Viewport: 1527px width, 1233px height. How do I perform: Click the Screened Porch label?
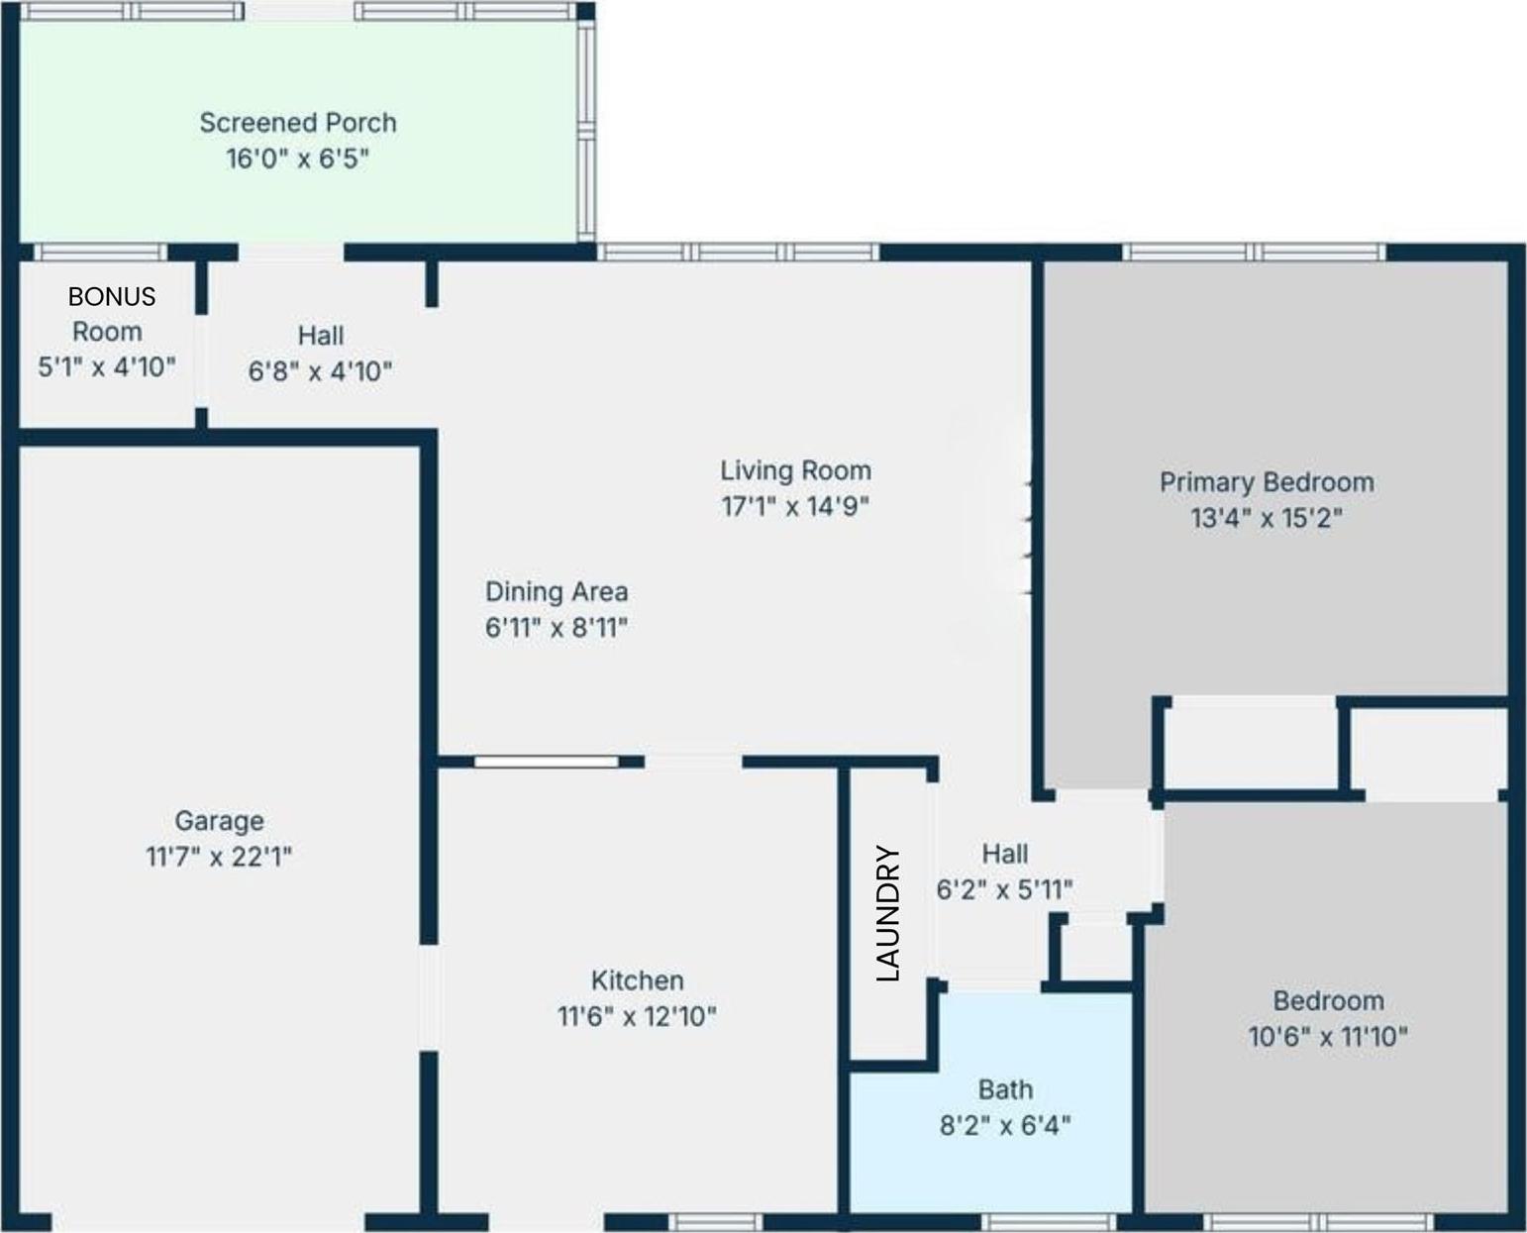pyautogui.click(x=298, y=123)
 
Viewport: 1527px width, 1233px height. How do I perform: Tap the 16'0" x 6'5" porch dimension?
pyautogui.click(x=298, y=158)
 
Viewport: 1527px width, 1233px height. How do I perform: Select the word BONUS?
pyautogui.click(x=111, y=296)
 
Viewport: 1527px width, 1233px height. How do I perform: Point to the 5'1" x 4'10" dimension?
pyautogui.click(x=107, y=367)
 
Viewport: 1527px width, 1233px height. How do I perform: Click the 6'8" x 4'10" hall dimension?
pyautogui.click(x=320, y=371)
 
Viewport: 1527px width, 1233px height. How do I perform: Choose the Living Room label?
pyautogui.click(x=795, y=470)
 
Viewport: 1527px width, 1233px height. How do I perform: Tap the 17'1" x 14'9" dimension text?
pyautogui.click(x=795, y=506)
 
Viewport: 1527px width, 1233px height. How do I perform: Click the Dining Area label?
pyautogui.click(x=557, y=591)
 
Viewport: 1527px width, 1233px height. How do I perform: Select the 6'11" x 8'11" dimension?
pyautogui.click(x=557, y=628)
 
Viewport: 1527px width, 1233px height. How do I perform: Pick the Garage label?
pyautogui.click(x=219, y=821)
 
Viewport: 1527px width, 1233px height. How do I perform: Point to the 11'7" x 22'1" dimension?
pyautogui.click(x=219, y=857)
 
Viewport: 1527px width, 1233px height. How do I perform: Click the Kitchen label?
pyautogui.click(x=637, y=980)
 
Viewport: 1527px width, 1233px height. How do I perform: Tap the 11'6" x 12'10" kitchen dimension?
pyautogui.click(x=637, y=1016)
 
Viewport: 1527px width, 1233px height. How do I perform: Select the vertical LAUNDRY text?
pyautogui.click(x=889, y=913)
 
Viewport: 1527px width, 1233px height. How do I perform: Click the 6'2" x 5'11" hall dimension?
pyautogui.click(x=1004, y=890)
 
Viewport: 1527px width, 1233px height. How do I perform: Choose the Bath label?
pyautogui.click(x=1005, y=1089)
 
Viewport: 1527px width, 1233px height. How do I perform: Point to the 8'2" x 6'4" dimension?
pyautogui.click(x=1005, y=1126)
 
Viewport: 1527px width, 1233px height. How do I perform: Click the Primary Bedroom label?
pyautogui.click(x=1267, y=482)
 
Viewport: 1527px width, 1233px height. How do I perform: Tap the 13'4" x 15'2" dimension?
pyautogui.click(x=1267, y=518)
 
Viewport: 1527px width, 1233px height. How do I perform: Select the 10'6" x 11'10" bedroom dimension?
pyautogui.click(x=1328, y=1037)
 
